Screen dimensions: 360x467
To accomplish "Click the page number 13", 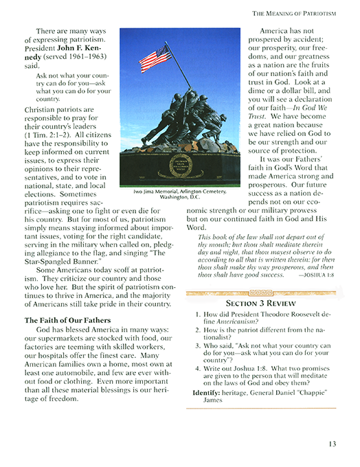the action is [332, 443].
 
